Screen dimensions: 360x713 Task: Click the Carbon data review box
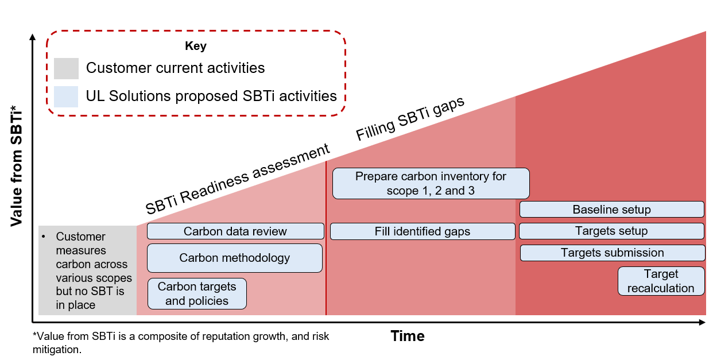point(235,231)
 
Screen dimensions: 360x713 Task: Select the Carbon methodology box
point(234,258)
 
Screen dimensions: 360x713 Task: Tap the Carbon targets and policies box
point(197,293)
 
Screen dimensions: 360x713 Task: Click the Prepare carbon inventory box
point(431,183)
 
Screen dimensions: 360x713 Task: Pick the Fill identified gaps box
point(423,231)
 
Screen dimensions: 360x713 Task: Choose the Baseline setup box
point(611,210)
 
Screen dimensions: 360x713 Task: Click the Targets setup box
point(611,231)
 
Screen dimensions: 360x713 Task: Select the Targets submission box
point(612,253)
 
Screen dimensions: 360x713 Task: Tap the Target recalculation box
point(661,281)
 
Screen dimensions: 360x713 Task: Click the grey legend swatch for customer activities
point(66,68)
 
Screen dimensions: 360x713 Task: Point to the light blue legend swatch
point(66,96)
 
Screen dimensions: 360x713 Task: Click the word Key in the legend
point(196,47)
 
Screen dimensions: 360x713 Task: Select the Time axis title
point(408,336)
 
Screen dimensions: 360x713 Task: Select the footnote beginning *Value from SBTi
point(181,342)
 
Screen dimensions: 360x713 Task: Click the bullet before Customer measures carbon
point(44,237)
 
